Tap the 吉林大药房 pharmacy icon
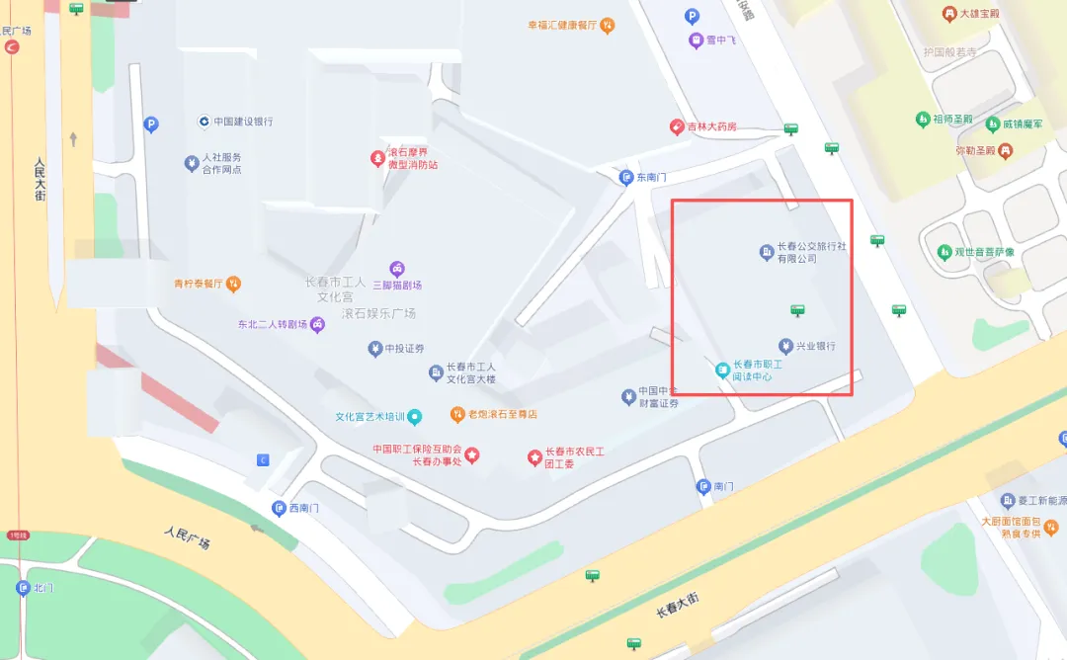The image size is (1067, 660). [x=677, y=126]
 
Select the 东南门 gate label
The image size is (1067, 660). [x=652, y=178]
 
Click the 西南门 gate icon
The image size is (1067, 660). [x=279, y=508]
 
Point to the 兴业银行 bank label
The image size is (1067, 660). [x=816, y=347]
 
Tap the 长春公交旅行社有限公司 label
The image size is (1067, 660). [x=810, y=252]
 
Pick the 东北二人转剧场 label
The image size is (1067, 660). [x=273, y=324]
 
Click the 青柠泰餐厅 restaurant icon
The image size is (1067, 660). [x=233, y=285]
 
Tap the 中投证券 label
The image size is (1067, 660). [x=405, y=349]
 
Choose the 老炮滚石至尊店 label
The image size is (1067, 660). [x=503, y=414]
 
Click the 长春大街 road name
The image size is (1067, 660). [x=678, y=605]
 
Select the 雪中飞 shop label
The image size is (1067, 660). [x=719, y=41]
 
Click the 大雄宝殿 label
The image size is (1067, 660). [x=979, y=14]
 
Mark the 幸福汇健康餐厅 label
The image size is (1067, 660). [x=562, y=25]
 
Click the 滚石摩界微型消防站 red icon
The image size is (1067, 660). [x=377, y=158]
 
